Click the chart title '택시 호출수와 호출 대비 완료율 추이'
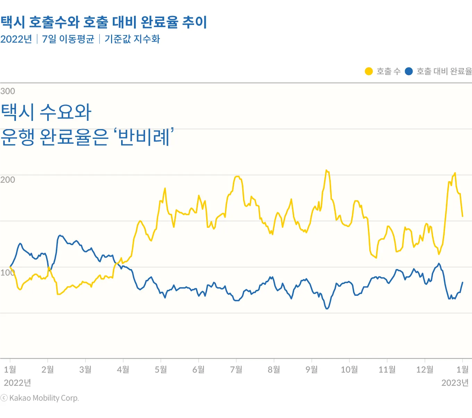(103, 22)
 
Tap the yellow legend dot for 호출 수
(369, 71)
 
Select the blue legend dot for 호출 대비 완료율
(409, 71)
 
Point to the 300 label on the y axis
(8, 91)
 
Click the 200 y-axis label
(8, 180)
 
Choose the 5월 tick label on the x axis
(161, 369)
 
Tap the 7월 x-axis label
(236, 369)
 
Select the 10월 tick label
(349, 369)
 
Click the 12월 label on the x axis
(424, 369)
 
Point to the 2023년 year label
(455, 383)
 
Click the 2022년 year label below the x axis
(17, 383)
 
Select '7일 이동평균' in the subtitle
(68, 39)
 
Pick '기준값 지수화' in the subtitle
(132, 39)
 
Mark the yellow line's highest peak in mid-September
(326, 170)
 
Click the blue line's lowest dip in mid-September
(327, 309)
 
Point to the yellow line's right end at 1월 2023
(462, 216)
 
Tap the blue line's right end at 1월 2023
(463, 282)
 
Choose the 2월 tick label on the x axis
(48, 369)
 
